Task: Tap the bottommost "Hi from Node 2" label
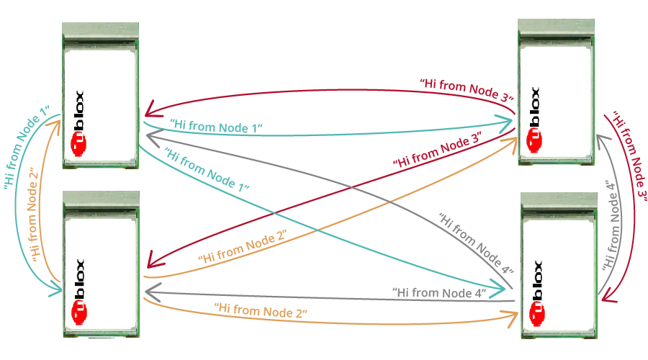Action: pyautogui.click(x=261, y=311)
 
